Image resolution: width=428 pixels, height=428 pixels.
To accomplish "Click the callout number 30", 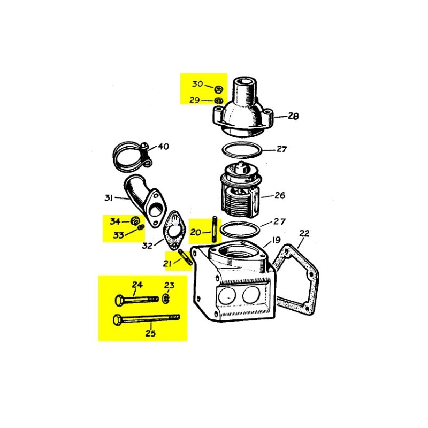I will (197, 84).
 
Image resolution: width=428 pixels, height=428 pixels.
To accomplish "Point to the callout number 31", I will (109, 198).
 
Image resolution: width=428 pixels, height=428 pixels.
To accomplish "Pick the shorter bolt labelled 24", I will (137, 298).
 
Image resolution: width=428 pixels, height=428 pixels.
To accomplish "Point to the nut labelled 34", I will (136, 220).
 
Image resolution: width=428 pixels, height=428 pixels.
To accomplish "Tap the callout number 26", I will (279, 195).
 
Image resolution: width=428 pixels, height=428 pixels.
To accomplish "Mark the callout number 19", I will (276, 240).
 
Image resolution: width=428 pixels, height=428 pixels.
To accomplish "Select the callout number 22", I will (304, 233).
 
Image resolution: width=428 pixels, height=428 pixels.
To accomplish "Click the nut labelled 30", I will (218, 88).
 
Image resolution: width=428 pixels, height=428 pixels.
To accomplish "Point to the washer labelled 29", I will (218, 100).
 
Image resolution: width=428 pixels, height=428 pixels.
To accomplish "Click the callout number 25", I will (150, 333).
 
